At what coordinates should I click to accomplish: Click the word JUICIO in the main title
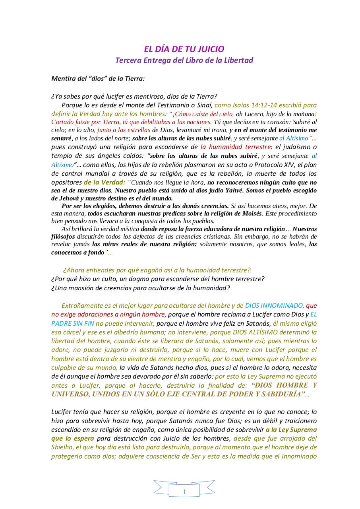tap(210, 49)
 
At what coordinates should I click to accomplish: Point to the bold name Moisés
tap(250, 214)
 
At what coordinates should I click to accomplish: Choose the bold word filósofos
tap(64, 237)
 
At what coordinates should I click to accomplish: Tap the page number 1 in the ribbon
tap(184, 492)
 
